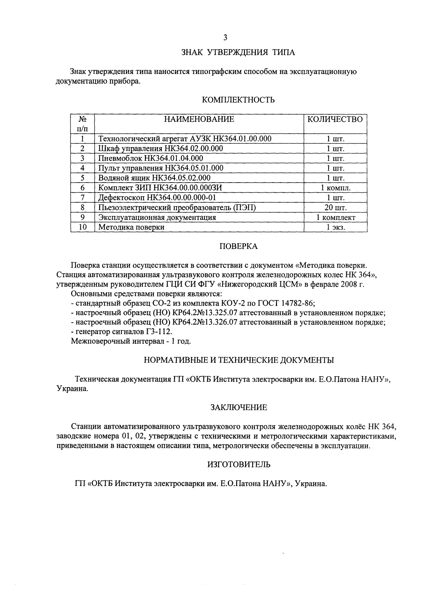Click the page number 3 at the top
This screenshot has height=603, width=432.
tap(225, 37)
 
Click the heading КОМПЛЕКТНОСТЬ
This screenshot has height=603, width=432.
tap(239, 100)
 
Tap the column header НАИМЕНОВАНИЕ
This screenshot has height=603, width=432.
tap(199, 119)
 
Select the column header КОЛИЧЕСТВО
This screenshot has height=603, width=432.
tap(335, 119)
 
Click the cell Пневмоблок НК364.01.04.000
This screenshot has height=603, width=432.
tap(151, 158)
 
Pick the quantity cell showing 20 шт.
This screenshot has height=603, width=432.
tap(335, 208)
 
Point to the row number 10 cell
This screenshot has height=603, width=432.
tap(83, 227)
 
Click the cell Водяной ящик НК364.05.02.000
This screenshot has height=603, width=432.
tap(154, 178)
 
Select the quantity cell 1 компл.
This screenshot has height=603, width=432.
tap(335, 188)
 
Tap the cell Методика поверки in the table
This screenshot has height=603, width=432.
tap(131, 227)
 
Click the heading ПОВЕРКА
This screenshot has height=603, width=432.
tap(238, 247)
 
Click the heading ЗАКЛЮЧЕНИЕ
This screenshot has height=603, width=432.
tap(238, 408)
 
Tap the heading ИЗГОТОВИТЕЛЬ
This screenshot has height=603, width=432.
tap(239, 465)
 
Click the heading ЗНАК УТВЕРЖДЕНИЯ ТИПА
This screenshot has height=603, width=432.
tap(238, 53)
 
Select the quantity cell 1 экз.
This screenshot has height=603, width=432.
tap(335, 227)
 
